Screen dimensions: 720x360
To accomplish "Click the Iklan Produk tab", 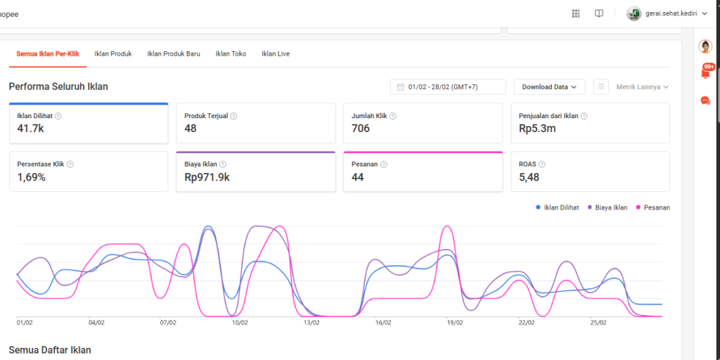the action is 113,53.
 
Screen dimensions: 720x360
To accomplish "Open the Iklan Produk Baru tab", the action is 174,53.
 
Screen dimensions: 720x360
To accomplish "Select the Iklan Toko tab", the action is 231,53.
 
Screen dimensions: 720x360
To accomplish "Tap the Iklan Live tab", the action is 276,53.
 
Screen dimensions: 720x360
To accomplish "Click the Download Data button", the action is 549,86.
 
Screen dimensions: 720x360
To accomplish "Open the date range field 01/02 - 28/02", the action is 448,86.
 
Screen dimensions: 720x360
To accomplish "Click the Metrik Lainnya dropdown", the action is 642,86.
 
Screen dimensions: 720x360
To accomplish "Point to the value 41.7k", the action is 30,128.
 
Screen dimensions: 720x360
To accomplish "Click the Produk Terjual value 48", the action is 190,128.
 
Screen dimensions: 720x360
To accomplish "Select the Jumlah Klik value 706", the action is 361,128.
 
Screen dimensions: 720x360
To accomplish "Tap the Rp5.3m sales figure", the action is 537,128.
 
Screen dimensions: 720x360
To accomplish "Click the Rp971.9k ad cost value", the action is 207,176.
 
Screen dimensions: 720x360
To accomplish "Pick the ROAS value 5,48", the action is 529,176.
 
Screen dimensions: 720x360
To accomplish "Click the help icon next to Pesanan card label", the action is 384,165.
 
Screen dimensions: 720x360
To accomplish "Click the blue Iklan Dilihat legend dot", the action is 538,207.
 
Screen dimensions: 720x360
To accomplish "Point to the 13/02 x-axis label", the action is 311,323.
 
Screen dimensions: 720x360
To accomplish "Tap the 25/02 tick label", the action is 598,323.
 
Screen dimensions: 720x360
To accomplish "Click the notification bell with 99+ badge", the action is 706,72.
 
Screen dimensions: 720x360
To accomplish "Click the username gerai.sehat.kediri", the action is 671,14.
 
